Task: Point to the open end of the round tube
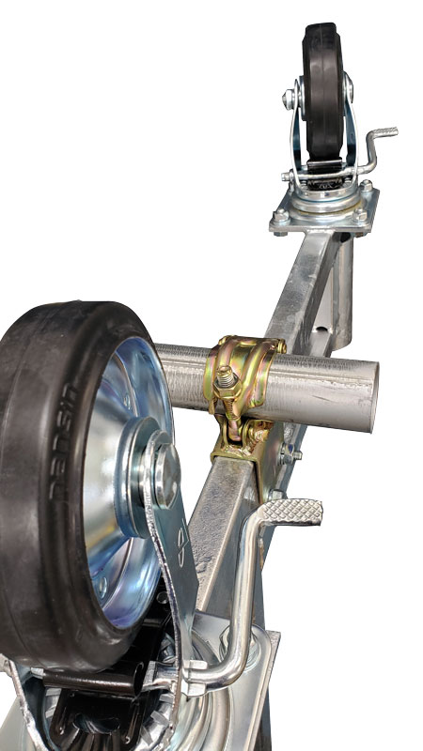coord(371,396)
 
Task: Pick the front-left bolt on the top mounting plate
coord(279,221)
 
